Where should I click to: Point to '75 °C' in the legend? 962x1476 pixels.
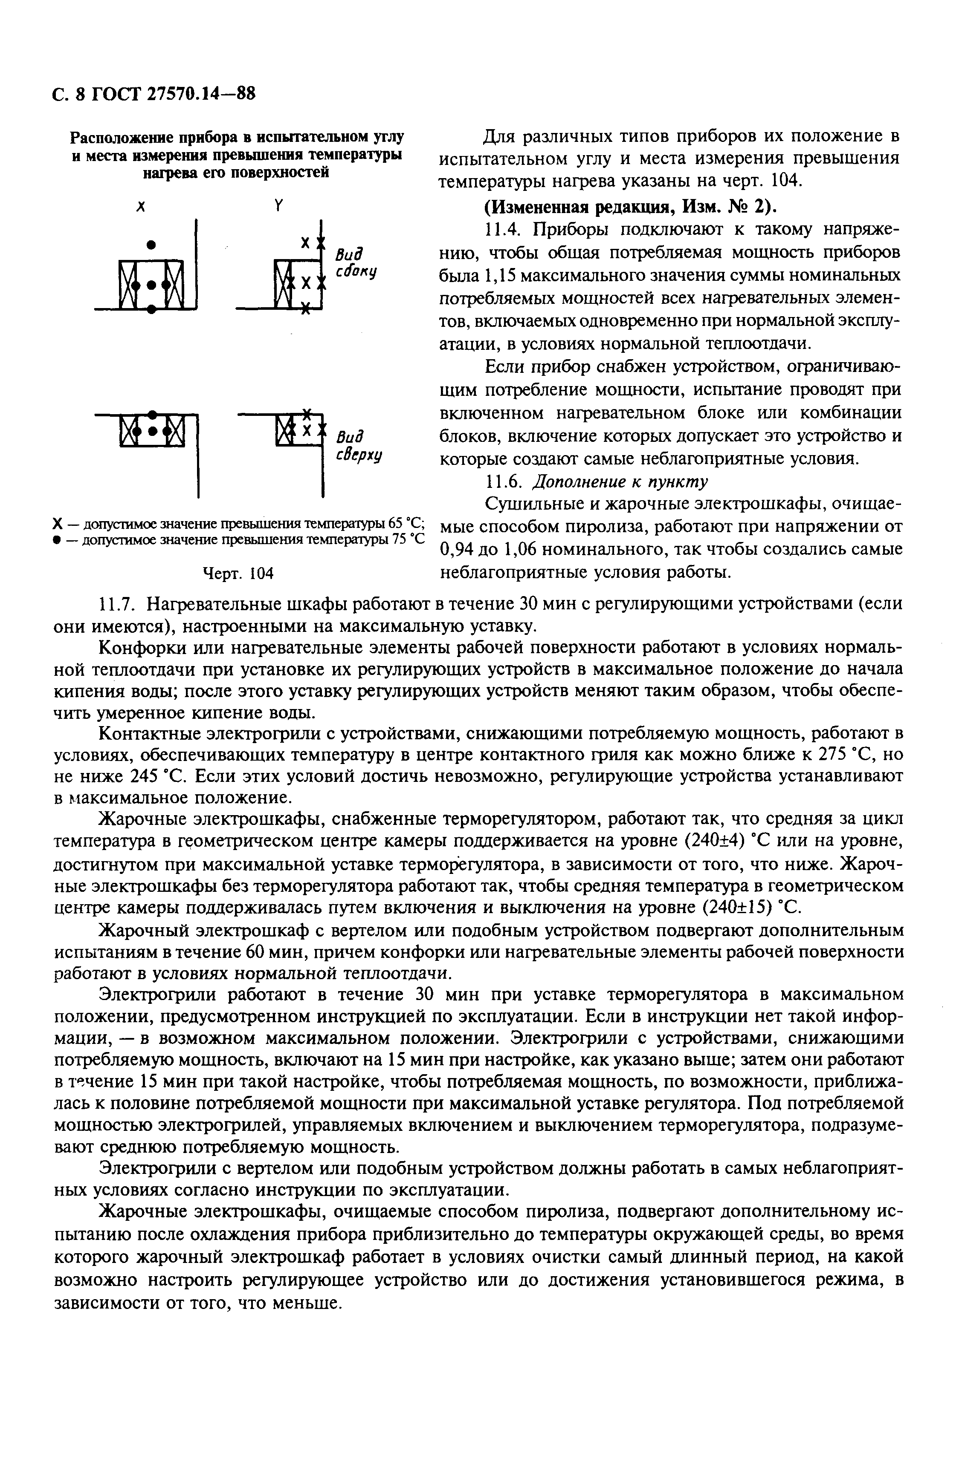click(x=408, y=539)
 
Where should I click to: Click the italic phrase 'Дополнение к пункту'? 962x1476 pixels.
click(x=620, y=481)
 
